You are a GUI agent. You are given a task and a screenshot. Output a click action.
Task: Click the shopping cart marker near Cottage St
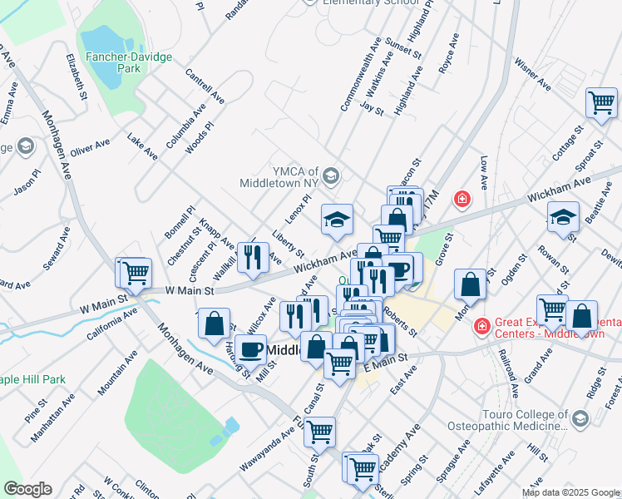tap(602, 105)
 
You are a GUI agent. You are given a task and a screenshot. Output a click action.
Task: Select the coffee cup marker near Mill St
tap(250, 350)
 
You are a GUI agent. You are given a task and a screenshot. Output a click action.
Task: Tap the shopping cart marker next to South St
tap(319, 432)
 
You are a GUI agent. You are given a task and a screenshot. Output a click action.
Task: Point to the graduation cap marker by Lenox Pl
tap(337, 220)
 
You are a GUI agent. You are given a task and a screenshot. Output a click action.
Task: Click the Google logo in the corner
tap(27, 489)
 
